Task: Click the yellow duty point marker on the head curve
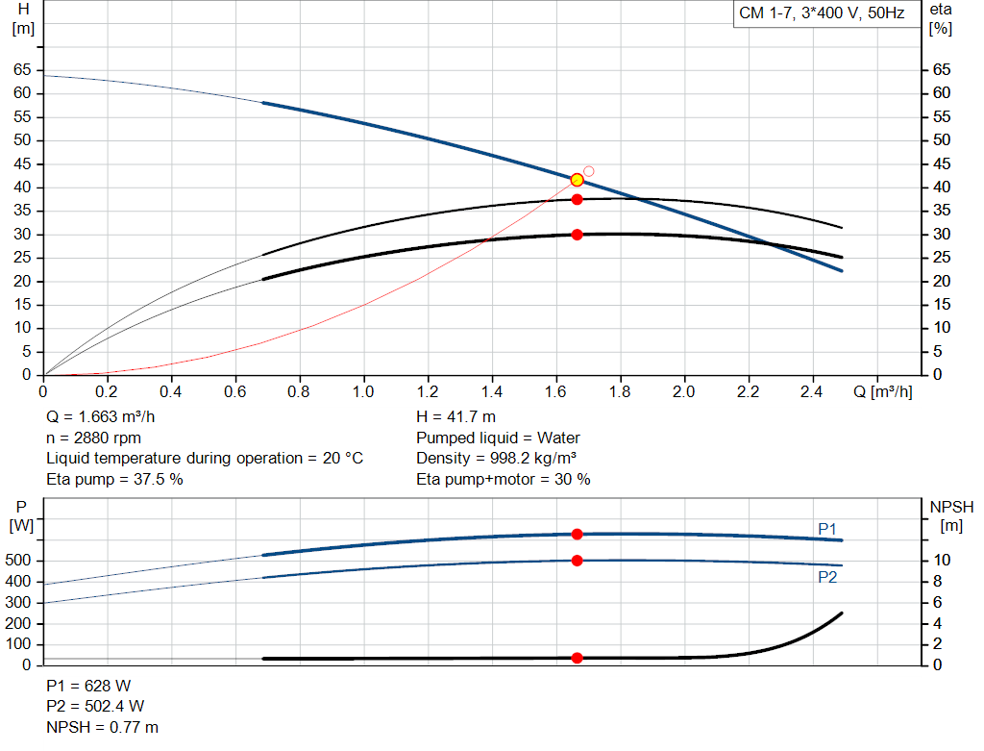click(577, 180)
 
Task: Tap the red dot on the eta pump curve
click(577, 199)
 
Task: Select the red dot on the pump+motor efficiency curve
click(577, 235)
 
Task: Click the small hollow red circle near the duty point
click(589, 171)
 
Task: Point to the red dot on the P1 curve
click(577, 534)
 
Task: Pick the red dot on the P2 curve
click(577, 561)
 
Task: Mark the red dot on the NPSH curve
click(577, 658)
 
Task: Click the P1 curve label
click(827, 529)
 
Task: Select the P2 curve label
click(827, 577)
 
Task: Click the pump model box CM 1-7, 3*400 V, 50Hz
click(822, 14)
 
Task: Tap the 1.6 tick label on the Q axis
click(555, 392)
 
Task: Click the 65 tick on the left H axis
click(21, 70)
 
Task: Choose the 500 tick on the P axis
click(19, 561)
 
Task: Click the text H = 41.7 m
click(455, 416)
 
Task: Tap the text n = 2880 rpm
click(94, 438)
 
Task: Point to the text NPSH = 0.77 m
click(103, 727)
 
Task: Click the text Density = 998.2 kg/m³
click(496, 458)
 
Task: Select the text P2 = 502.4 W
click(95, 707)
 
